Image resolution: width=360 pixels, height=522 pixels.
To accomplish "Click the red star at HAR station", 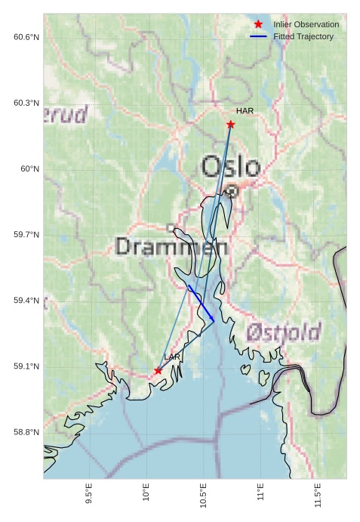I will (231, 125).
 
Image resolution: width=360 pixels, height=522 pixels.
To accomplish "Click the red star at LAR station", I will (158, 371).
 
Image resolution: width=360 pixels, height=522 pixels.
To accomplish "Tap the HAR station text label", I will (245, 111).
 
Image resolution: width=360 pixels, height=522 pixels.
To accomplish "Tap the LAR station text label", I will (172, 357).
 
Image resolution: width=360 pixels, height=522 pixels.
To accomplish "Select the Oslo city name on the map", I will (231, 167).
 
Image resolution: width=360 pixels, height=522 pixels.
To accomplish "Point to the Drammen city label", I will (172, 246).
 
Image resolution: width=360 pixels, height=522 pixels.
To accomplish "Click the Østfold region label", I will (284, 332).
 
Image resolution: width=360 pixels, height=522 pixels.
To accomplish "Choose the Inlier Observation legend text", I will (306, 25).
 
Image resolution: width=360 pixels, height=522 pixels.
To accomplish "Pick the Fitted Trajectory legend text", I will (303, 36).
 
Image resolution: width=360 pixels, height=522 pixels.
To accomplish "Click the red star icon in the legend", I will (258, 25).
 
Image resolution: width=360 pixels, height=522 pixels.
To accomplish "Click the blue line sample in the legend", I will (258, 36).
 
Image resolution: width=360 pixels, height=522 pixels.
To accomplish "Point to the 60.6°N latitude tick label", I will (26, 37).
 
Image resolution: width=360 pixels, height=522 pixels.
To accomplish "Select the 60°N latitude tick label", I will (30, 169).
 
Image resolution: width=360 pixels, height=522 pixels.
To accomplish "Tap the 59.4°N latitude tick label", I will (26, 301).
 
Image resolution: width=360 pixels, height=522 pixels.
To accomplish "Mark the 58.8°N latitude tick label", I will (26, 432).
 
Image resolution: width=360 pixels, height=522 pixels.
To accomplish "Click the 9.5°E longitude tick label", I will (89, 496).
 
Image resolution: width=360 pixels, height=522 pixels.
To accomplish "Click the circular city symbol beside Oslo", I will (232, 192).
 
